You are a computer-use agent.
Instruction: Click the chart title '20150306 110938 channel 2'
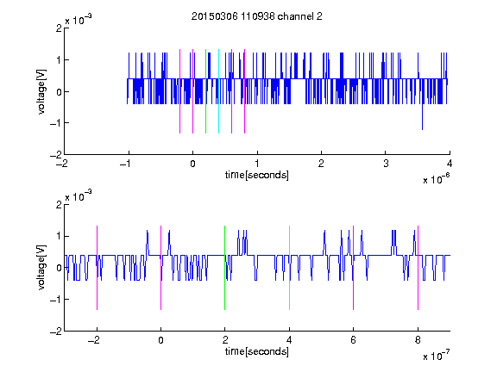(257, 16)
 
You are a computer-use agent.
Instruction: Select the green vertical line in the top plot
(205, 91)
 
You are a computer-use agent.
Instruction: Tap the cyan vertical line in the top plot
(218, 91)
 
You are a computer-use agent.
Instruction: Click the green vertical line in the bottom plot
(224, 268)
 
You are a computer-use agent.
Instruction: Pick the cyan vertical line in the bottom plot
(289, 268)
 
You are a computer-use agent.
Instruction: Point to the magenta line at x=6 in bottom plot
(354, 268)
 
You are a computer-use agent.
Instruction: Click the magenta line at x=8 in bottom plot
(418, 268)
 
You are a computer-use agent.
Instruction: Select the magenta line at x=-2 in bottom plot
(97, 268)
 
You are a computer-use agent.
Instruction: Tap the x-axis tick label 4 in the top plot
(450, 164)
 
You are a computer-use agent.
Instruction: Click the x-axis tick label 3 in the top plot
(386, 164)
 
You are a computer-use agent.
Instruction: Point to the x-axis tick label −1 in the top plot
(125, 164)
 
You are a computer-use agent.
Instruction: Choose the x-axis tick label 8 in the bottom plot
(418, 340)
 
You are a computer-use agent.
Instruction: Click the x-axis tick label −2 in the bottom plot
(94, 340)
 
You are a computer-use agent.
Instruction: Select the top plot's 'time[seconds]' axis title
(257, 175)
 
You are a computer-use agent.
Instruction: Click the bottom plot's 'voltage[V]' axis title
(41, 267)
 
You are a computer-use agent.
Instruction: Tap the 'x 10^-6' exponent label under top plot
(436, 179)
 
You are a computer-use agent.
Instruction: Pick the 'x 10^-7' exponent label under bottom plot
(436, 356)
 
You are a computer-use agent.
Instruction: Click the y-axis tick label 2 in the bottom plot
(59, 205)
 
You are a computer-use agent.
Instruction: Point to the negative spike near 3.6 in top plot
(422, 116)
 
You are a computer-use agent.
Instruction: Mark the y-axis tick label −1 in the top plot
(55, 123)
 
